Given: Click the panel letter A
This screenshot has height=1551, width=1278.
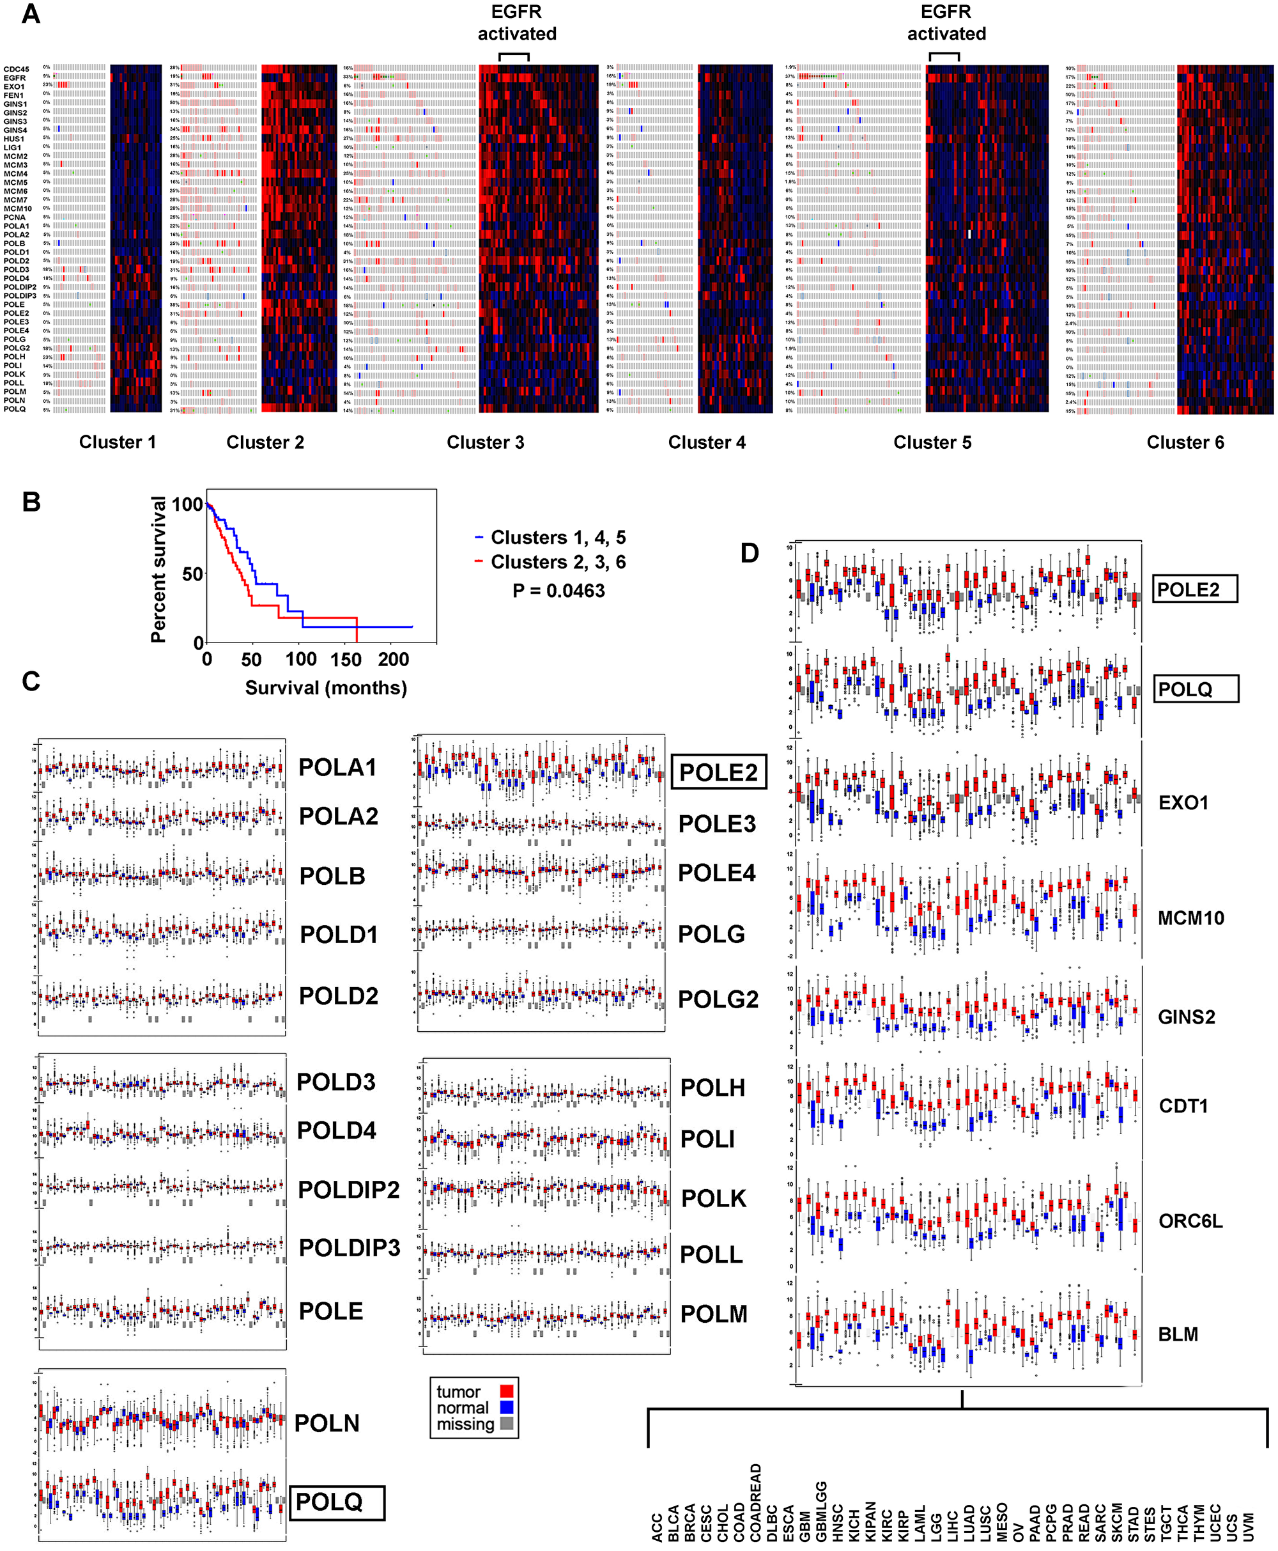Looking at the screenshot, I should click(x=30, y=14).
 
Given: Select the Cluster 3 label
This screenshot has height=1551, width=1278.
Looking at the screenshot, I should click(x=485, y=442).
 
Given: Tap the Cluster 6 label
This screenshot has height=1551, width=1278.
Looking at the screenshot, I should click(x=1185, y=442).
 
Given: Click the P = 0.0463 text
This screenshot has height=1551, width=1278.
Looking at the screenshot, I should click(x=558, y=591).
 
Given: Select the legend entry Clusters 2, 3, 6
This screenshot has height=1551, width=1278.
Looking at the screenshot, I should click(x=557, y=562).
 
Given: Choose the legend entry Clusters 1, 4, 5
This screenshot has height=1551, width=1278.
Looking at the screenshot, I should click(x=557, y=538).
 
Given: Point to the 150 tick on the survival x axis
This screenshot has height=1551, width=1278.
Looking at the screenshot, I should click(x=345, y=659).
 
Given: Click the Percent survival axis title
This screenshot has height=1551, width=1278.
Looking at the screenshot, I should click(x=158, y=569).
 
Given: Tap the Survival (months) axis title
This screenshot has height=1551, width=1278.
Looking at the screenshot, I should click(x=325, y=688).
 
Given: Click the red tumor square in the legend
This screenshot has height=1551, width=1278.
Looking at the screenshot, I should click(x=507, y=1391).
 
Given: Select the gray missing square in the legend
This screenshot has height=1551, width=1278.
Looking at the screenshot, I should click(x=507, y=1424).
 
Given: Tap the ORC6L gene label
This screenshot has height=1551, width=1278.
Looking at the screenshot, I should click(x=1190, y=1221).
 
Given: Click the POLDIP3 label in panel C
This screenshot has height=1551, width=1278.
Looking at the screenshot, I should click(x=349, y=1247).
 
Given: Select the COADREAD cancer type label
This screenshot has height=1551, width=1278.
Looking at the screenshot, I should click(x=755, y=1502).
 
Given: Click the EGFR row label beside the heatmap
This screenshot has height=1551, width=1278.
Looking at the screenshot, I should click(x=14, y=78).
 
